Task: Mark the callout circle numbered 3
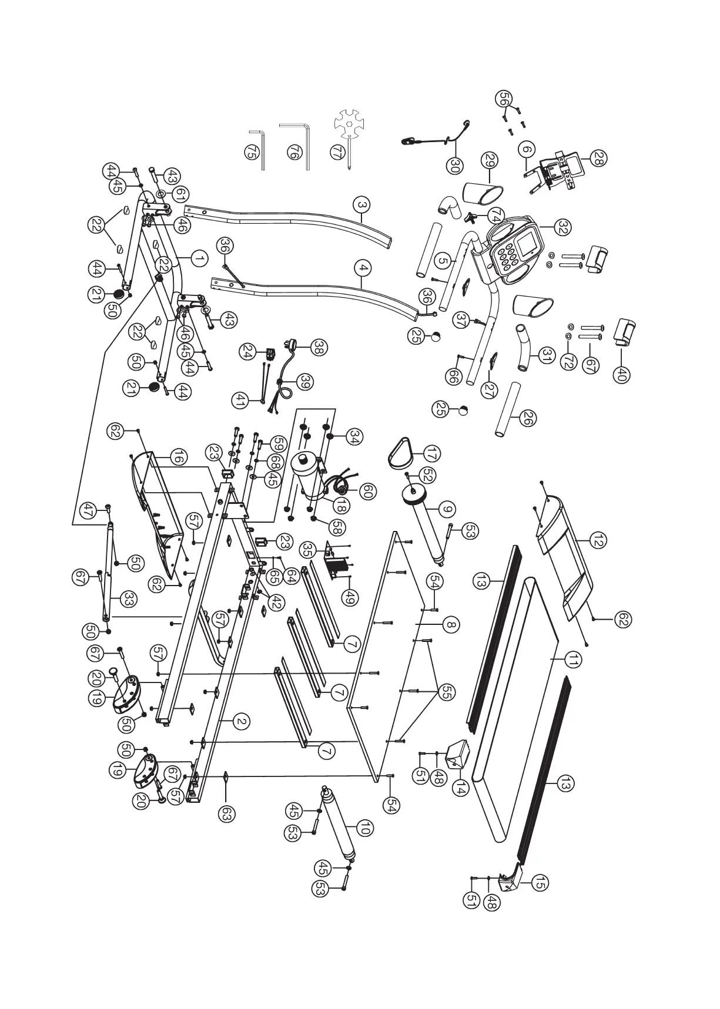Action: [x=363, y=206]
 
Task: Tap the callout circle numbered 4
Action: [x=364, y=268]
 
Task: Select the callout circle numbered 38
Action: [x=320, y=347]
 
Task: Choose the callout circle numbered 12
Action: [x=599, y=541]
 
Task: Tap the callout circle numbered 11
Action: [x=574, y=660]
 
